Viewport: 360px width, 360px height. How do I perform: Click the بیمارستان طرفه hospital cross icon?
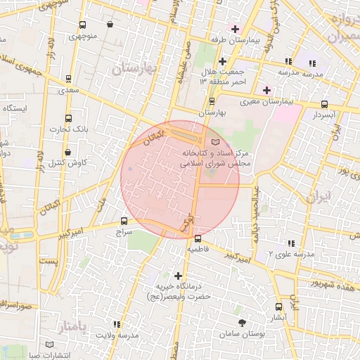(235, 29)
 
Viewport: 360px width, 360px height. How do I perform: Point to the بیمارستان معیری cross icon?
(266, 90)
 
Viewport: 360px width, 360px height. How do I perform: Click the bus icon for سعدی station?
(68, 79)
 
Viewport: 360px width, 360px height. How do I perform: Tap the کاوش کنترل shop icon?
(68, 152)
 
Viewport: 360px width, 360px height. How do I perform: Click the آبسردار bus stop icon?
(323, 104)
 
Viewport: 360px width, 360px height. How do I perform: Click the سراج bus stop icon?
(124, 220)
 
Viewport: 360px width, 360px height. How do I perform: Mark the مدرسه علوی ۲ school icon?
(290, 243)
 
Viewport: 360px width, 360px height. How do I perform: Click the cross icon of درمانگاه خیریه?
(177, 276)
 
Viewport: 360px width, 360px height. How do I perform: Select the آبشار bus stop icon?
(279, 306)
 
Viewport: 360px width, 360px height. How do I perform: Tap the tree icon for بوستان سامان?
(243, 323)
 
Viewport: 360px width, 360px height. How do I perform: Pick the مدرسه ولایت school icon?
(117, 324)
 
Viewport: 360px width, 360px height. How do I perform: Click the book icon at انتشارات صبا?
(49, 344)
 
